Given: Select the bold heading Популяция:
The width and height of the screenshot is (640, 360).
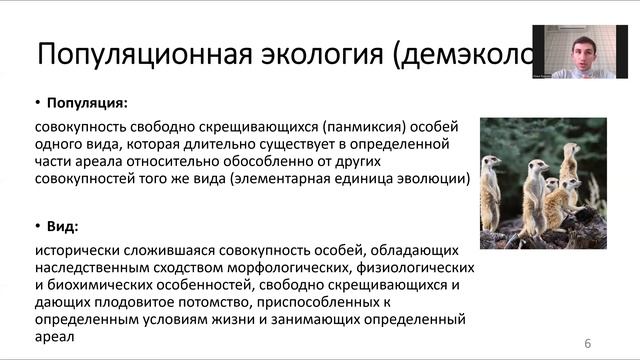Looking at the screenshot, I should pos(88,102).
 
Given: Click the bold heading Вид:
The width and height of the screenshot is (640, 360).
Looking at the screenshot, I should pos(67,226).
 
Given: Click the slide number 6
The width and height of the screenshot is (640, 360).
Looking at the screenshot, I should pos(588,344).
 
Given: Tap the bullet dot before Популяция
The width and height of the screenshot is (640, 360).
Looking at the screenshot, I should pos(38,102).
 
